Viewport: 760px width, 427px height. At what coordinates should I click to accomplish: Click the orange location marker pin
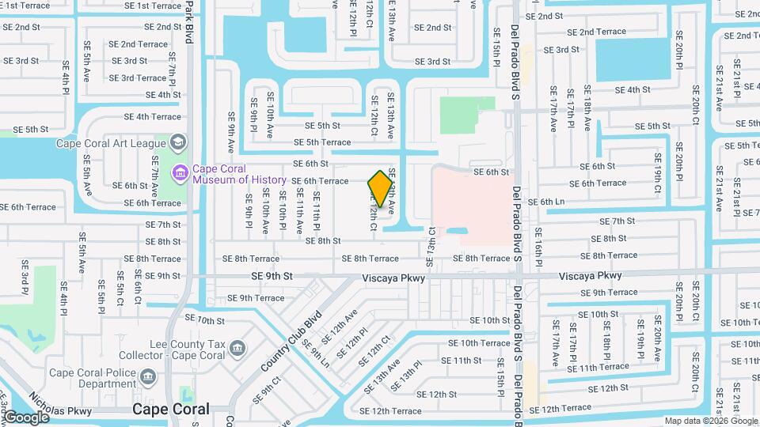(380, 188)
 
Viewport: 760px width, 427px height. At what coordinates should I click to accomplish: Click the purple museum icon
(180, 172)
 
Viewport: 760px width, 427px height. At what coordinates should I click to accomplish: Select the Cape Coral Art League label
(111, 143)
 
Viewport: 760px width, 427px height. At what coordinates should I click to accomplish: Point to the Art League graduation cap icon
(177, 143)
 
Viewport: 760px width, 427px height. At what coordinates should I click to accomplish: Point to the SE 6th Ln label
(546, 202)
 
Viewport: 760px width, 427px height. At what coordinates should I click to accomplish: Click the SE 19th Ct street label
(658, 179)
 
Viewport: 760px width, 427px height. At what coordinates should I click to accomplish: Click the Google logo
(26, 417)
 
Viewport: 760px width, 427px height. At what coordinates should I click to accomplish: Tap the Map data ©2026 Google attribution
(710, 421)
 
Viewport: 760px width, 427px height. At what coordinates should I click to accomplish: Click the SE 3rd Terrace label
(138, 77)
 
